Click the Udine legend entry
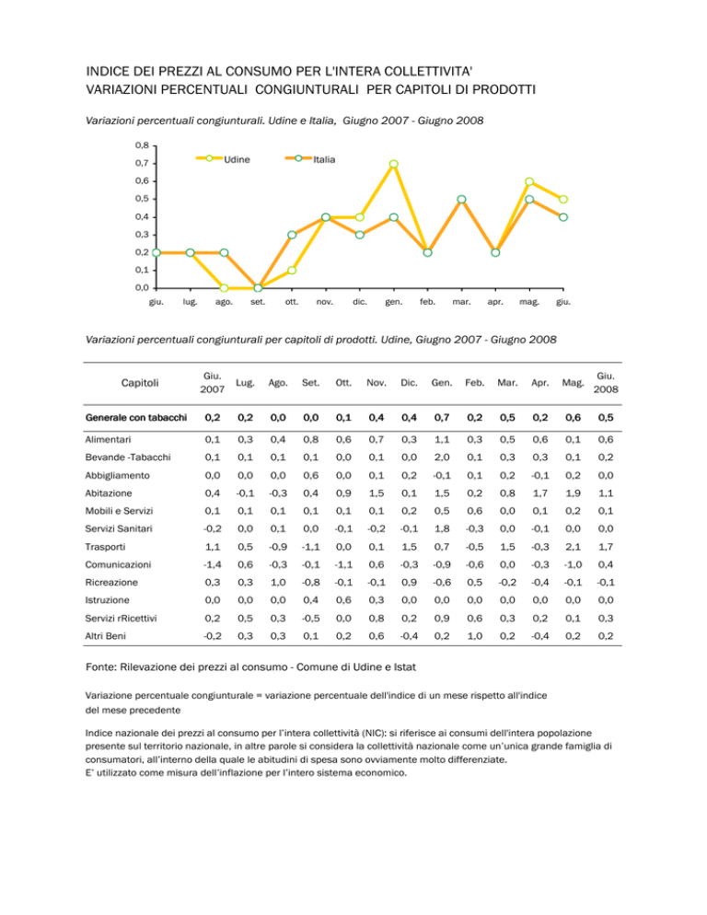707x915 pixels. pos(223,159)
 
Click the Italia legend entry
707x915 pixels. pos(310,159)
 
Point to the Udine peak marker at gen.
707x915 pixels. pos(393,164)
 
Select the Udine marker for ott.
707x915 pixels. pos(292,271)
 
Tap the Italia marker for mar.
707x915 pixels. pos(461,200)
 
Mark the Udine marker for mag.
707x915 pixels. pos(529,181)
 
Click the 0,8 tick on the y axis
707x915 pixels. pos(142,145)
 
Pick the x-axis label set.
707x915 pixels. pos(258,302)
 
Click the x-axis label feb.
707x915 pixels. pos(427,302)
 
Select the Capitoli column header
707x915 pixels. pos(140,383)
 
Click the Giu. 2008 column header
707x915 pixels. pos(606,383)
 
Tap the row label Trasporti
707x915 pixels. pos(105,547)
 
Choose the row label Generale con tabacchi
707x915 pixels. pos(136,417)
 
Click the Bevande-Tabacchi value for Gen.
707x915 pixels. pos(442,457)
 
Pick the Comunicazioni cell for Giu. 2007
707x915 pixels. pos(213,564)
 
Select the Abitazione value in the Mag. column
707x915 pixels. pos(573,493)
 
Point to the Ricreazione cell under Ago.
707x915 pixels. pos(278,583)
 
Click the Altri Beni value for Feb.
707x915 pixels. pos(475,636)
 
